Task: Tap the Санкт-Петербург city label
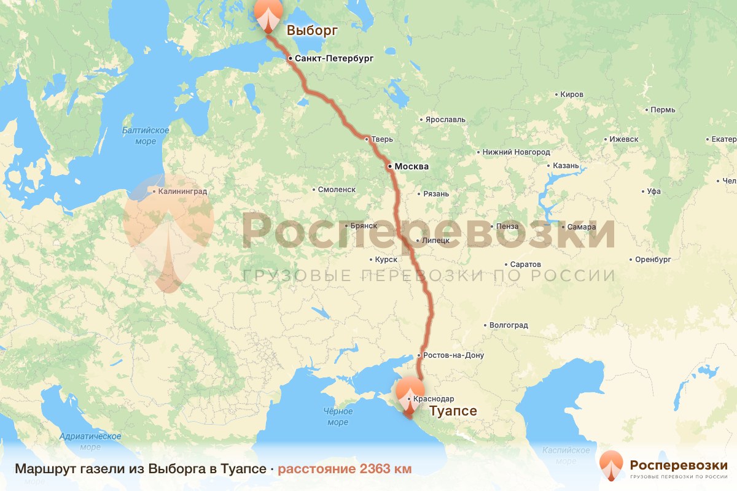coord(333,58)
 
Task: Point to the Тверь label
coord(381,139)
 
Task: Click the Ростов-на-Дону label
coord(453,355)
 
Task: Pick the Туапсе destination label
coord(453,411)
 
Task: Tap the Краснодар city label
coord(434,399)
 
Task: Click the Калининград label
coord(182,191)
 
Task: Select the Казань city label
coord(566,166)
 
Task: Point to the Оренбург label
coord(653,260)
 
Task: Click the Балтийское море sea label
coord(146,136)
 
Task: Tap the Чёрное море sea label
coord(338,417)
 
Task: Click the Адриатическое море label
coord(90,441)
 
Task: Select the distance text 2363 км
coord(345,469)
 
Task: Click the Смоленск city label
coord(337,190)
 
